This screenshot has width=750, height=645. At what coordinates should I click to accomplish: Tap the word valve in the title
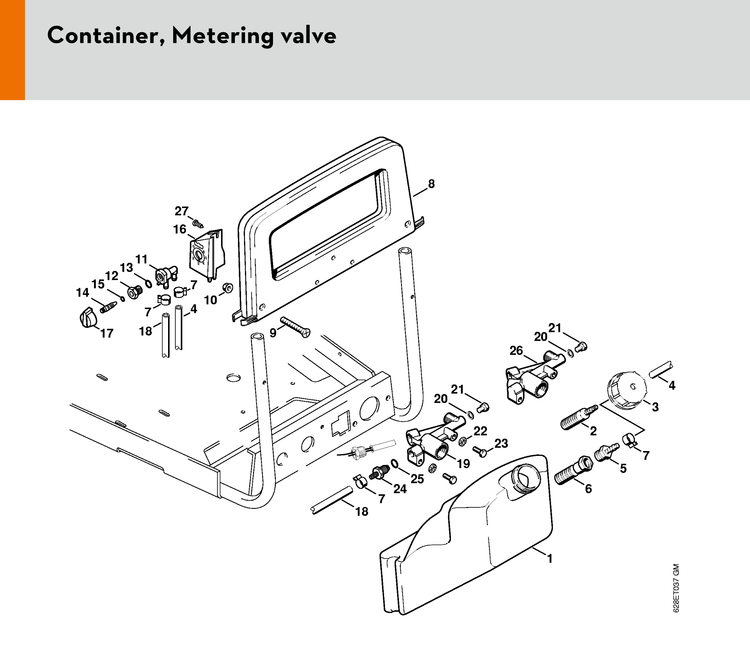click(309, 36)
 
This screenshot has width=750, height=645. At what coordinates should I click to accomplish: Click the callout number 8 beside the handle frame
click(431, 184)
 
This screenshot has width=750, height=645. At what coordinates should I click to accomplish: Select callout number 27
click(182, 211)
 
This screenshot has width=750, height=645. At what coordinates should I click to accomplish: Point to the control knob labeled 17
click(88, 317)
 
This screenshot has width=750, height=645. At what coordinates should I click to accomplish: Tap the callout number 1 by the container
click(550, 559)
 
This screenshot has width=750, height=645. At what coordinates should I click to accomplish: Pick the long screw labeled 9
click(295, 327)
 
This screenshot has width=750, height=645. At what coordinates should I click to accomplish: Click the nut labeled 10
click(228, 288)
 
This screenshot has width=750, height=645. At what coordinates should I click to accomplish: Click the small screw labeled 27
click(197, 223)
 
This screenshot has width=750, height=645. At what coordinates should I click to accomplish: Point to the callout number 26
click(516, 350)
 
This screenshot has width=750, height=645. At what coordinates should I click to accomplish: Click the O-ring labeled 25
click(395, 464)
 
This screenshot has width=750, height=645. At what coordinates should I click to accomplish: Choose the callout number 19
click(463, 463)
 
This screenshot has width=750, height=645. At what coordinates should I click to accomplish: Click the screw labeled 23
click(480, 451)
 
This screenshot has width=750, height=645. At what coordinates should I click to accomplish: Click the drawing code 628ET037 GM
click(676, 588)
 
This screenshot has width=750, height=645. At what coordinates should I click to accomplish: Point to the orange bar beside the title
click(12, 50)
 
